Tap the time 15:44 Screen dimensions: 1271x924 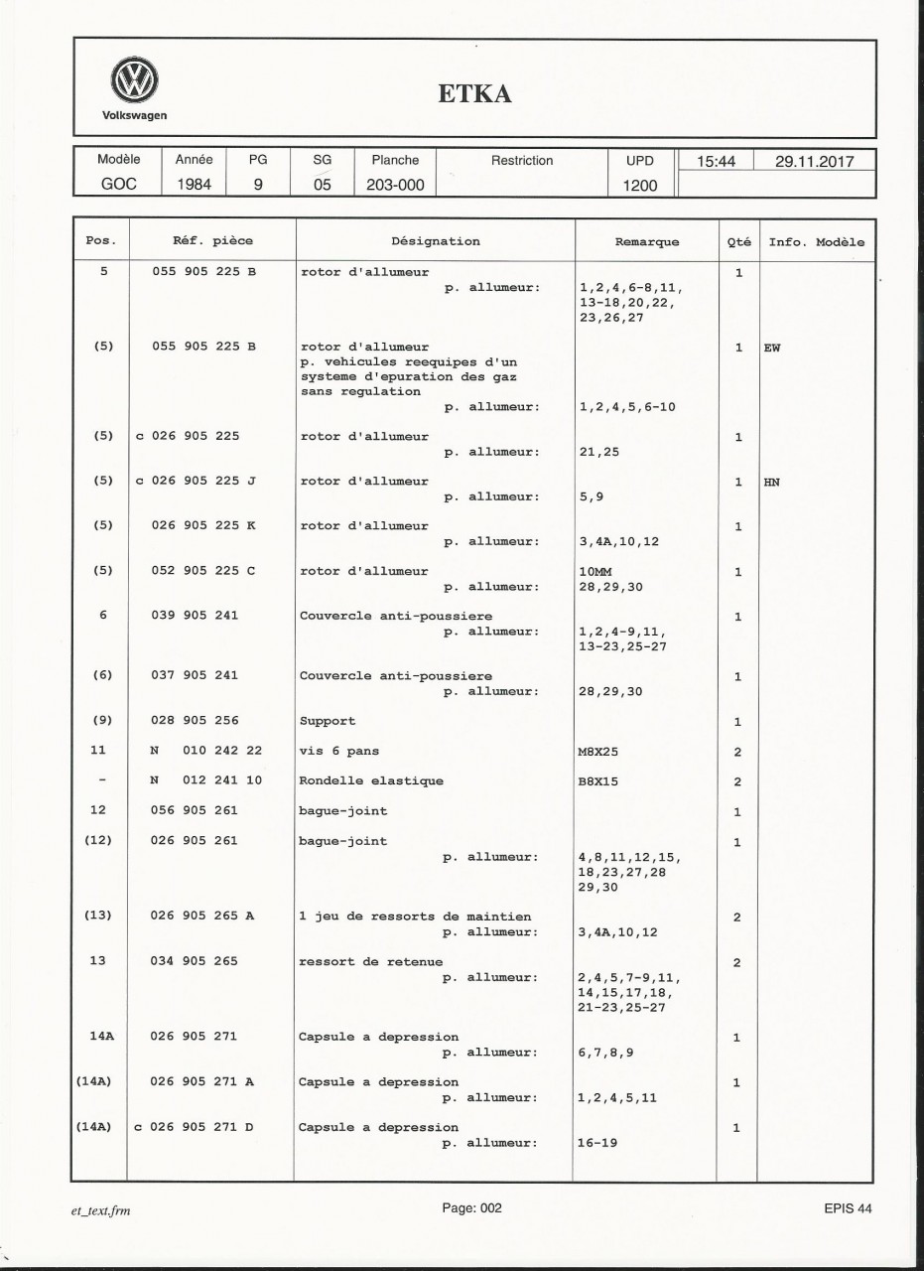coord(714,161)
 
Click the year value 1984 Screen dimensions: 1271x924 coord(193,184)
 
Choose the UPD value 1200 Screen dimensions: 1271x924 coord(639,185)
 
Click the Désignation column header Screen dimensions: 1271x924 coord(435,241)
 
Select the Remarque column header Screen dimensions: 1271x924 coord(646,242)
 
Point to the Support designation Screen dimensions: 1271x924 coord(327,721)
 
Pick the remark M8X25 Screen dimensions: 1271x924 coord(598,752)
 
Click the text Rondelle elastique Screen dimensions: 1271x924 coord(370,781)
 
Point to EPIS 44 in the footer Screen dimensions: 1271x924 coord(847,1208)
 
